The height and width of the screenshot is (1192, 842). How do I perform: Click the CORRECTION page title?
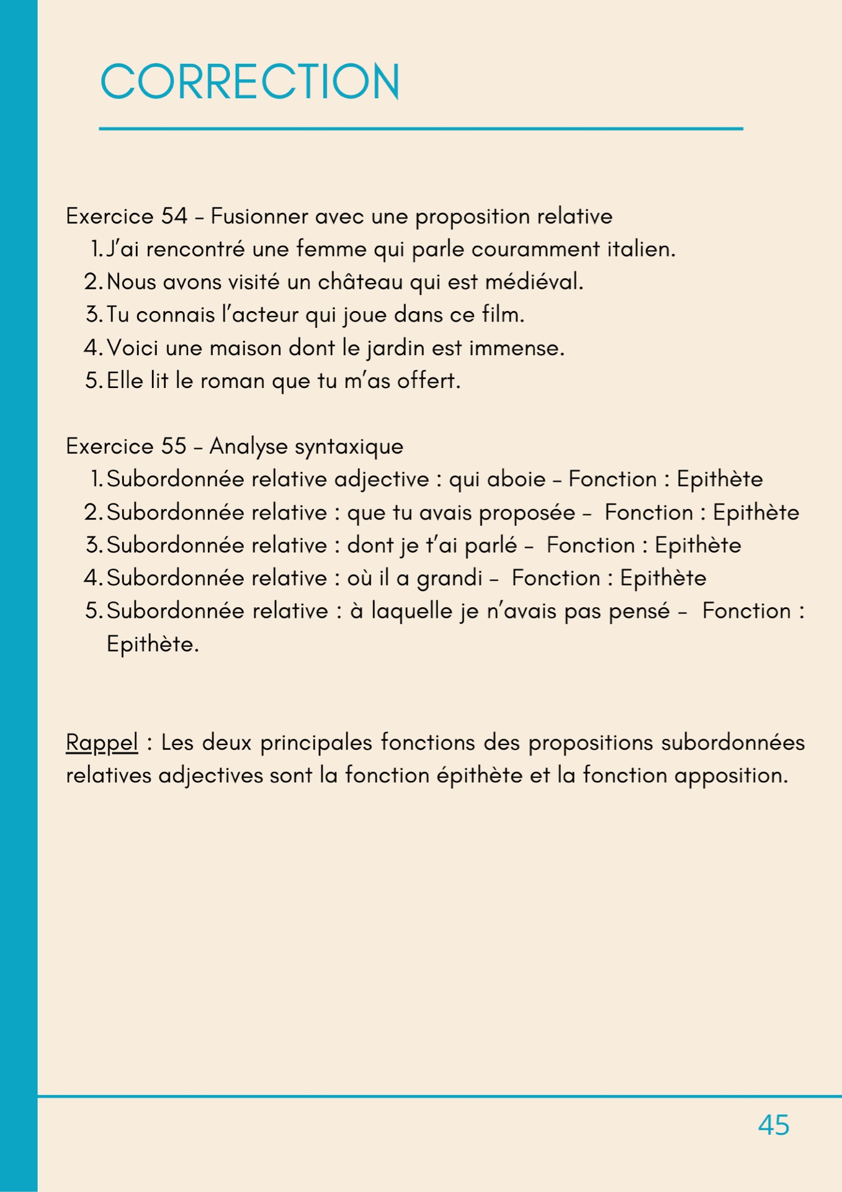249,81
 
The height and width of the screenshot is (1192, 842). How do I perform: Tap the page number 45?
773,1125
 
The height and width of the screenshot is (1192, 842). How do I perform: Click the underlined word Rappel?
102,743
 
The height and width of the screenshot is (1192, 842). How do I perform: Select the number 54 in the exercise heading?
174,216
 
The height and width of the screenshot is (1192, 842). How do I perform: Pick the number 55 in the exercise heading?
174,446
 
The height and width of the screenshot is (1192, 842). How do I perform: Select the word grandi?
449,579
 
